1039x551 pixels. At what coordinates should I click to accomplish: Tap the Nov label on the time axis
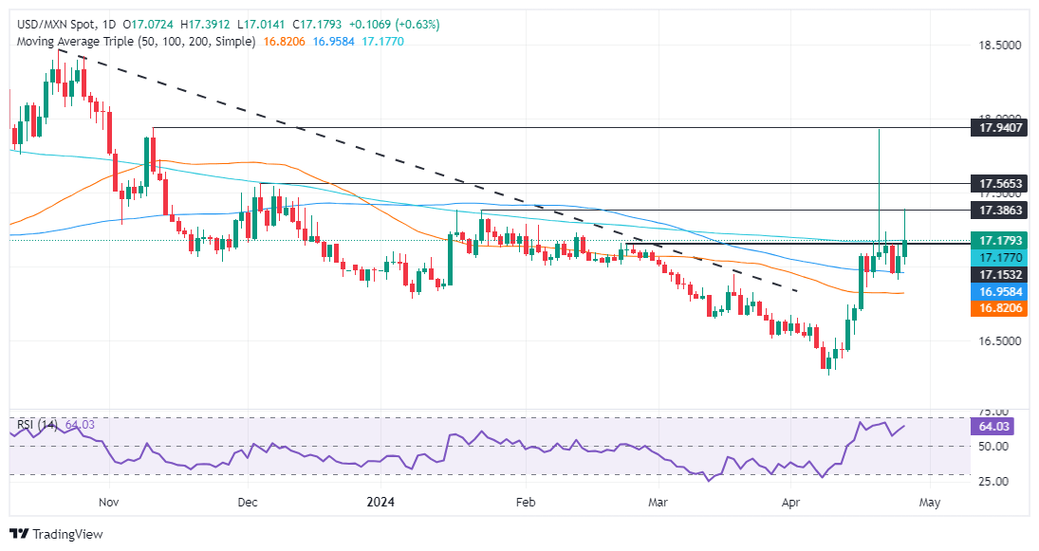click(x=108, y=501)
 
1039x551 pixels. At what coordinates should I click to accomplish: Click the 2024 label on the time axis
click(x=384, y=501)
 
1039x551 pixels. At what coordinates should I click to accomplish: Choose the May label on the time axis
click(x=930, y=501)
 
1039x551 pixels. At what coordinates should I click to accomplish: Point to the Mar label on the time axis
click(x=656, y=501)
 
